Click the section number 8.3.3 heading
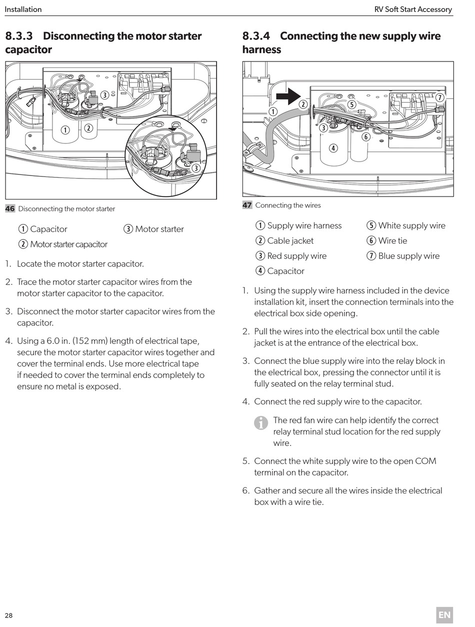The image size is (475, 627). pos(18,36)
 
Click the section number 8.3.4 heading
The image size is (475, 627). pos(256,36)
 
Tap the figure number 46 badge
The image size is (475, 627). pos(10,209)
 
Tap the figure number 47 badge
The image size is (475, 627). pos(247,205)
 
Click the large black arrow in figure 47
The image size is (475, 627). pos(287,96)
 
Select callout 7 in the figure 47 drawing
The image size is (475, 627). pos(439,97)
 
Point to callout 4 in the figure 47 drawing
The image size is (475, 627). pos(333,148)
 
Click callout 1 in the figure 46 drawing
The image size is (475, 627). pos(65,130)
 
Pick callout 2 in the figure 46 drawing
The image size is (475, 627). pos(88,128)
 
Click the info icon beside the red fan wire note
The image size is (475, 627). pos(261,423)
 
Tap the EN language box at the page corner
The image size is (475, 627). pos(444,615)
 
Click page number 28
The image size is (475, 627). pos(9,615)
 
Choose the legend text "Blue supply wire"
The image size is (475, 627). pos(408,256)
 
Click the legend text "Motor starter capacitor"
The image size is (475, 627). pos(68,244)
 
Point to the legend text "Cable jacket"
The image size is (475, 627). pos(290,241)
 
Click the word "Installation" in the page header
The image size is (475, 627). pos(23,9)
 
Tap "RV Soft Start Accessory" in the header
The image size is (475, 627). pos(413,9)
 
